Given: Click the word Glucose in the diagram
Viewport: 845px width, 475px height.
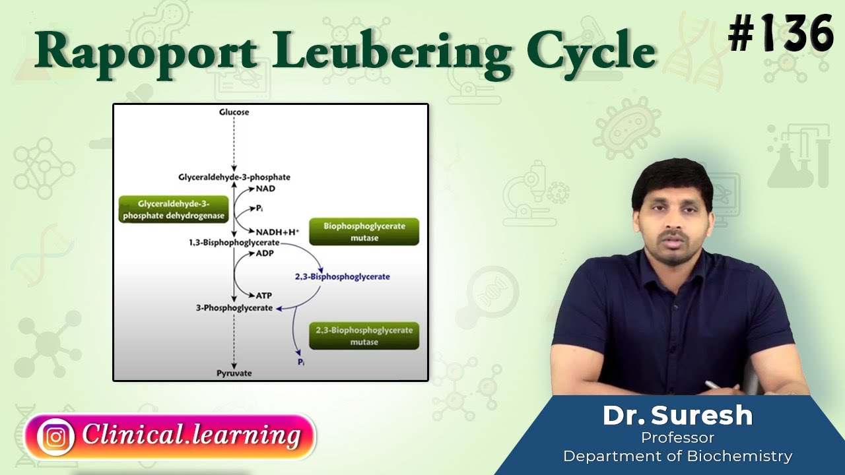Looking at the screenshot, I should (x=234, y=112).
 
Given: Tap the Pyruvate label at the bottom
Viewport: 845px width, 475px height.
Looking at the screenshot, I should (x=234, y=373).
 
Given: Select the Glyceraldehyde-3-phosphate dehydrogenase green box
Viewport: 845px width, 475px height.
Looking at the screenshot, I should (x=174, y=210).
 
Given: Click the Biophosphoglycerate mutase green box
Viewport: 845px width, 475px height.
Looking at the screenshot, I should (x=364, y=232).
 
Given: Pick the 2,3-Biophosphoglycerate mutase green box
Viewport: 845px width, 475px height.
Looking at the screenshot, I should (x=364, y=336).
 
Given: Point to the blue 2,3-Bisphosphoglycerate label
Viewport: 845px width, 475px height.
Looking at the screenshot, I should (x=342, y=276).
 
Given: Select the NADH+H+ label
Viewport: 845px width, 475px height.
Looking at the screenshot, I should (x=278, y=232).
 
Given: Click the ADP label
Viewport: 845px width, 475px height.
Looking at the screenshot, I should (x=265, y=253).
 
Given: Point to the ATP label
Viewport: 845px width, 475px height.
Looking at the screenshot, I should (x=264, y=296).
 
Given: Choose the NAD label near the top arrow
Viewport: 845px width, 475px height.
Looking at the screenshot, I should (x=267, y=189).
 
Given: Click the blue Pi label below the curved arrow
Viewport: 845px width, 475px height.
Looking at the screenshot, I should (x=301, y=362).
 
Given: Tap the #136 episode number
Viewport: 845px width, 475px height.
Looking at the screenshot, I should (x=780, y=34).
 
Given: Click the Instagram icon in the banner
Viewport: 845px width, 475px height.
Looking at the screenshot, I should (x=55, y=437).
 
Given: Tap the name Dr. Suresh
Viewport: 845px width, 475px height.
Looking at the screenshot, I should (x=677, y=416).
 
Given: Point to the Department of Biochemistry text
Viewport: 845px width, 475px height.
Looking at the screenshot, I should (x=677, y=455).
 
